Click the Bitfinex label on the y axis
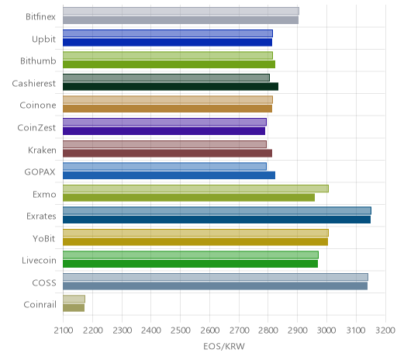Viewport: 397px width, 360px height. click(40, 17)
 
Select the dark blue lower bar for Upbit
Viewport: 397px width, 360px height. click(167, 42)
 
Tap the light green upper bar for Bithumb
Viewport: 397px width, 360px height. click(167, 55)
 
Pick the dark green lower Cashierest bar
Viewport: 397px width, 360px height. click(171, 86)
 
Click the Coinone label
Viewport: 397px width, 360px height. click(38, 106)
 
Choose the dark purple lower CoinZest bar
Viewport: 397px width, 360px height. click(164, 131)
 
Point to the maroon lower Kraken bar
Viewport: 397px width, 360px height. click(167, 153)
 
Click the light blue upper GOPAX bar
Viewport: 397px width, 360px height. click(164, 166)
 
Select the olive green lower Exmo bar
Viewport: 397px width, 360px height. click(188, 197)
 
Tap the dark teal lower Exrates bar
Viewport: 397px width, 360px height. click(216, 220)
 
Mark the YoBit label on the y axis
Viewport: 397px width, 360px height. click(44, 238)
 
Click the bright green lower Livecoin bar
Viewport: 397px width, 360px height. click(190, 264)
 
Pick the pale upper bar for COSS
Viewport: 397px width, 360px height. click(216, 277)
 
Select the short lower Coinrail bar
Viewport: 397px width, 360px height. click(74, 308)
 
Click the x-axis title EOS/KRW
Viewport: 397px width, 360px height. click(224, 346)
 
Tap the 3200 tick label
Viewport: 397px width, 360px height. click(385, 331)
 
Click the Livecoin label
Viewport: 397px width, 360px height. click(39, 261)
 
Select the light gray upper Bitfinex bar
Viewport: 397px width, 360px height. click(181, 11)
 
